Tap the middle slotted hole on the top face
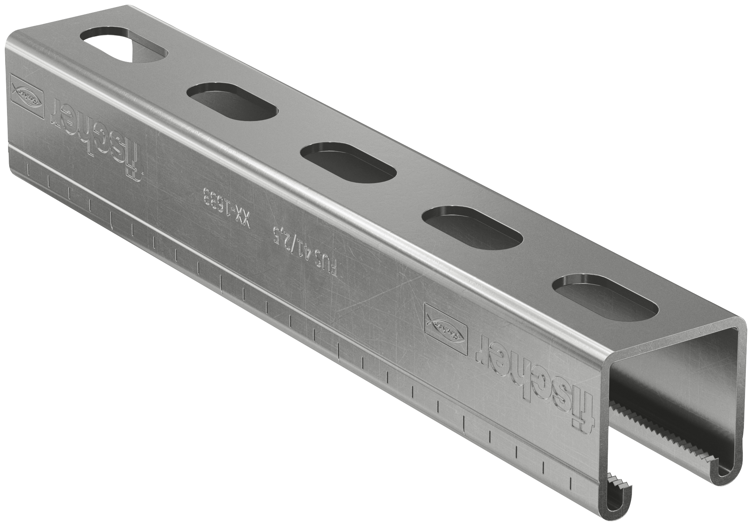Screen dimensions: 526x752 349,162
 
